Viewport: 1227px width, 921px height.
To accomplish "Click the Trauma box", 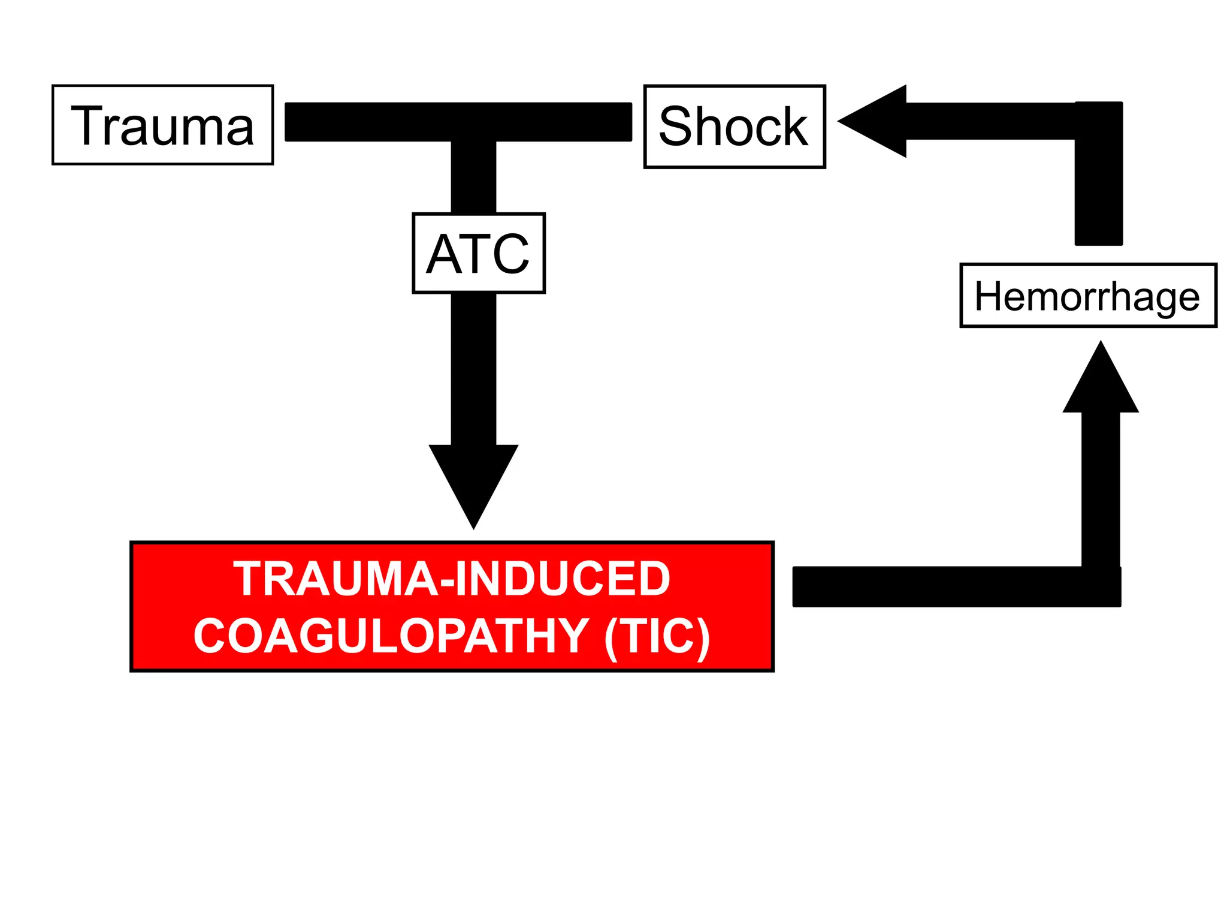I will point(162,125).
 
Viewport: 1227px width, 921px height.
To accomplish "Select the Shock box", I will point(734,127).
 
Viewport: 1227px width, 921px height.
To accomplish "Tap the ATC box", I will point(478,253).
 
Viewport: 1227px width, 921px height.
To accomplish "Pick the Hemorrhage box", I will point(1087,296).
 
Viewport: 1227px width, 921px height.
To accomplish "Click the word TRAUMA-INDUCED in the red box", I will point(452,579).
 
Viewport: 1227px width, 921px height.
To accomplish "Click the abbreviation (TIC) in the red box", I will point(657,636).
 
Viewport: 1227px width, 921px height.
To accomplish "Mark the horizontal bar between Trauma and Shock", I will point(458,122).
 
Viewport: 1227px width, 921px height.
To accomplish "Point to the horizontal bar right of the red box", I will point(947,586).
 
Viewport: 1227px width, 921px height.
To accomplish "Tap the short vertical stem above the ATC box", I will point(473,177).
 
